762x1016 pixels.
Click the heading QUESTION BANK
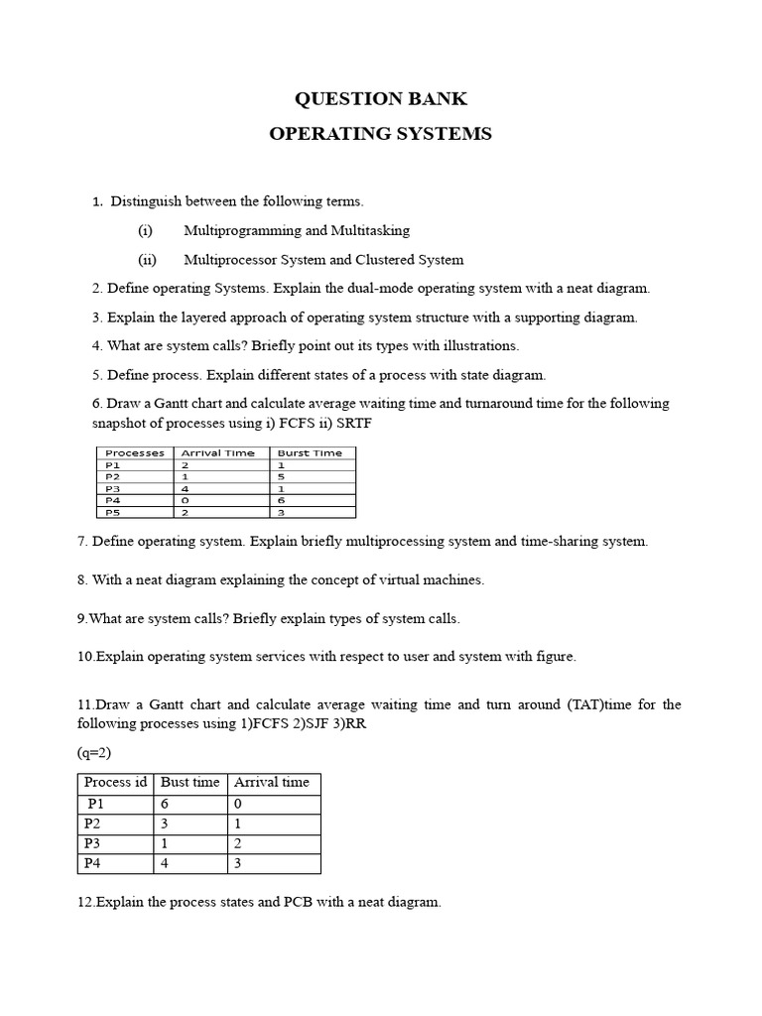point(381,99)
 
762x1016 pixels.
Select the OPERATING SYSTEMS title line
point(381,134)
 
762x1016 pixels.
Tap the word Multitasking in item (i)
point(371,230)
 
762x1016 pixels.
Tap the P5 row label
point(112,512)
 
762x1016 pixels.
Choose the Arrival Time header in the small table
point(217,452)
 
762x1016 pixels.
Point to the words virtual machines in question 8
point(433,579)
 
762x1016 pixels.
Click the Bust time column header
point(190,782)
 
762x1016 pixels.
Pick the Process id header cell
point(115,782)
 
